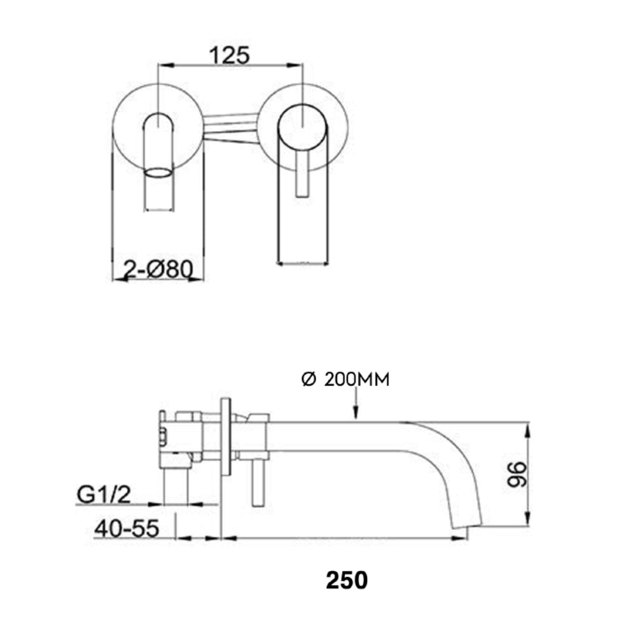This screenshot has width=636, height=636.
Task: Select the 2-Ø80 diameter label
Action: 158,269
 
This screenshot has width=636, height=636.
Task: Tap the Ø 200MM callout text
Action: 345,380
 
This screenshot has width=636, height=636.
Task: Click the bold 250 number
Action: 346,580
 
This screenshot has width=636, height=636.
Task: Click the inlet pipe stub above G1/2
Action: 176,487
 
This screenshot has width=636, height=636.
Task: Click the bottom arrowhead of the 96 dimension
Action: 527,518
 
